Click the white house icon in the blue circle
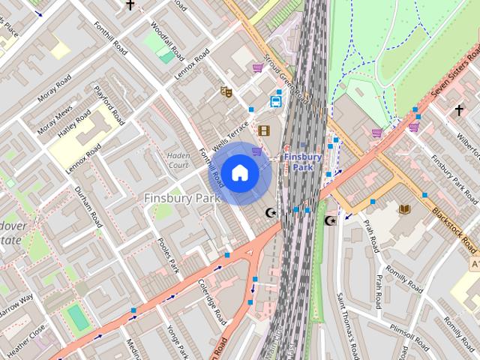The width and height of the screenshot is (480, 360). click(x=239, y=173)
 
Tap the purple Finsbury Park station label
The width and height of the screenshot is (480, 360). click(x=303, y=162)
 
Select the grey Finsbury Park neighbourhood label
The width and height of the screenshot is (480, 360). click(x=181, y=199)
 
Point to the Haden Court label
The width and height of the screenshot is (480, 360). click(x=178, y=160)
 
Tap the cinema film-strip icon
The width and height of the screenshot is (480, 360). click(x=263, y=130)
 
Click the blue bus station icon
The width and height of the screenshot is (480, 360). click(x=276, y=101)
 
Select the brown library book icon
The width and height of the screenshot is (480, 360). click(x=405, y=208)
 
